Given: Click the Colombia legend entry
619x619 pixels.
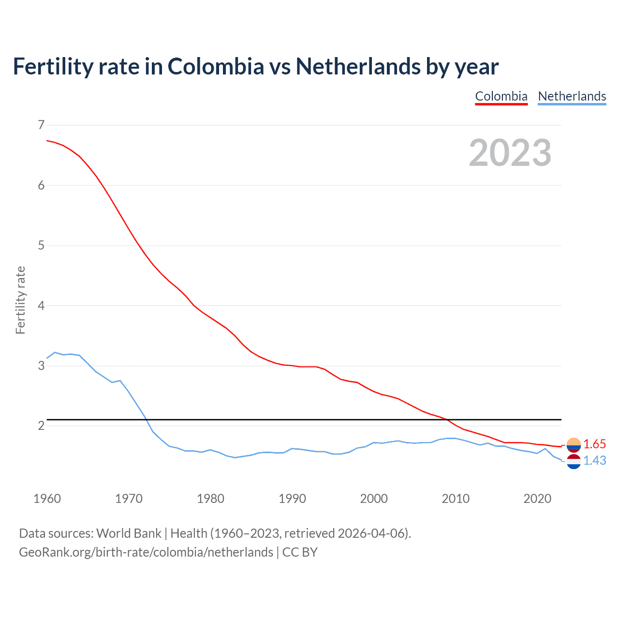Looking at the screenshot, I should pyautogui.click(x=501, y=96).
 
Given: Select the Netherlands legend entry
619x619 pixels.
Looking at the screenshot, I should pyautogui.click(x=572, y=96).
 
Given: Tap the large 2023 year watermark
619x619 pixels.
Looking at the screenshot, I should pyautogui.click(x=510, y=153).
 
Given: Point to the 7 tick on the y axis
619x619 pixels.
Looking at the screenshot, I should pyautogui.click(x=41, y=125).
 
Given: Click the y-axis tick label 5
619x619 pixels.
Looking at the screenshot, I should pyautogui.click(x=41, y=246).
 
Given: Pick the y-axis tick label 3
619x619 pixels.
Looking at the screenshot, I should pyautogui.click(x=41, y=366).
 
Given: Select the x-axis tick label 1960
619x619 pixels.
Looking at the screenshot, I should pyautogui.click(x=47, y=499).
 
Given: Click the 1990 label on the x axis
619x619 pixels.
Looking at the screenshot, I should pyautogui.click(x=292, y=499).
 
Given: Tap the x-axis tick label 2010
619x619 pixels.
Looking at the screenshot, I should pyautogui.click(x=456, y=499).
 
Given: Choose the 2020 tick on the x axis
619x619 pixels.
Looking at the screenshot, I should pyautogui.click(x=537, y=499).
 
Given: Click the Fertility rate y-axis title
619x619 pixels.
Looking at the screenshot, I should pyautogui.click(x=20, y=300).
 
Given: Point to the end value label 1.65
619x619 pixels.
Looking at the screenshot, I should pyautogui.click(x=594, y=444).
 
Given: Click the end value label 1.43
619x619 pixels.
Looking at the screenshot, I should pyautogui.click(x=594, y=460).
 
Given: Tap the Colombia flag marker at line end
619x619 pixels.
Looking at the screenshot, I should pyautogui.click(x=574, y=444).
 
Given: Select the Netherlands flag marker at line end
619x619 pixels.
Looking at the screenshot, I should pyautogui.click(x=574, y=462).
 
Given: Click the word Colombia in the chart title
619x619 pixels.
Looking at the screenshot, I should pyautogui.click(x=216, y=66).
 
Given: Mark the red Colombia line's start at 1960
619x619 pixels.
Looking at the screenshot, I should pyautogui.click(x=47, y=141).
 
